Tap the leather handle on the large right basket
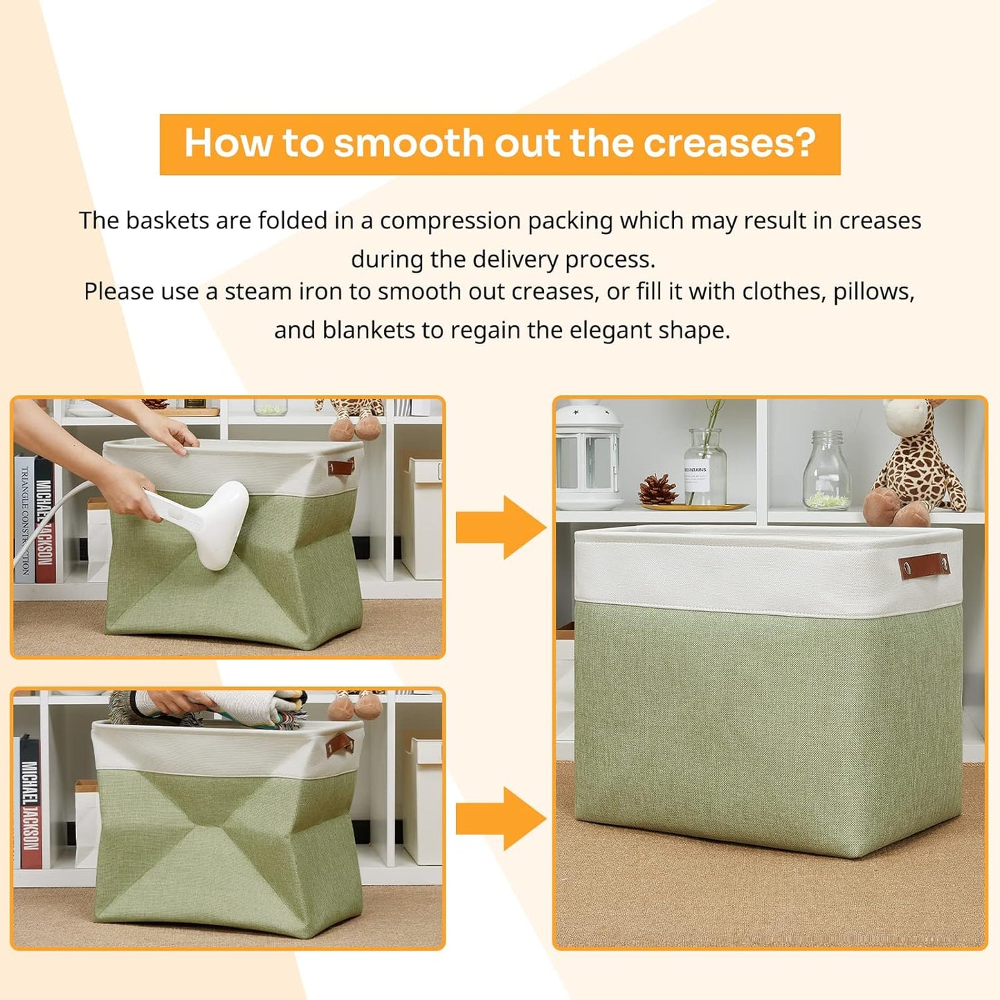coord(925,564)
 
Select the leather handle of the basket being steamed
coord(341,467)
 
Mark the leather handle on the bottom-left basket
coord(339,746)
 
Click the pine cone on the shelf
coord(657,489)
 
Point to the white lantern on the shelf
coord(588,457)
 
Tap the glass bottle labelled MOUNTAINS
coord(705,467)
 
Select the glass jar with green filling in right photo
coord(827,472)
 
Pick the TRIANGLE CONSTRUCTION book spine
coord(25,519)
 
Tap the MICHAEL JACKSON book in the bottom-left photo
coord(30,803)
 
